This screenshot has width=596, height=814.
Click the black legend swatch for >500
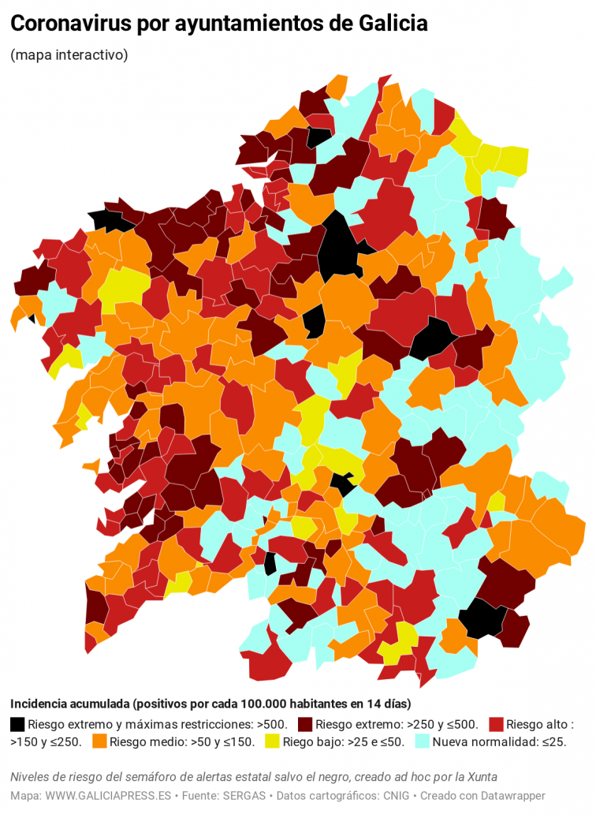[x=17, y=724]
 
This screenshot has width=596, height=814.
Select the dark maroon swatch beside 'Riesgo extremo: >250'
[x=305, y=724]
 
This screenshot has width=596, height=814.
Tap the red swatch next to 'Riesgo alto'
[x=495, y=724]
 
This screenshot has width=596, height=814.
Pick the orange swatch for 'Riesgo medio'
[x=99, y=741]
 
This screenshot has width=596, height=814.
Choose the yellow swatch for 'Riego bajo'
[x=272, y=741]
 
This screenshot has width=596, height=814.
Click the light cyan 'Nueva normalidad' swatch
[x=422, y=741]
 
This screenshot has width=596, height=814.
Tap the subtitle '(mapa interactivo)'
[x=69, y=55]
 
